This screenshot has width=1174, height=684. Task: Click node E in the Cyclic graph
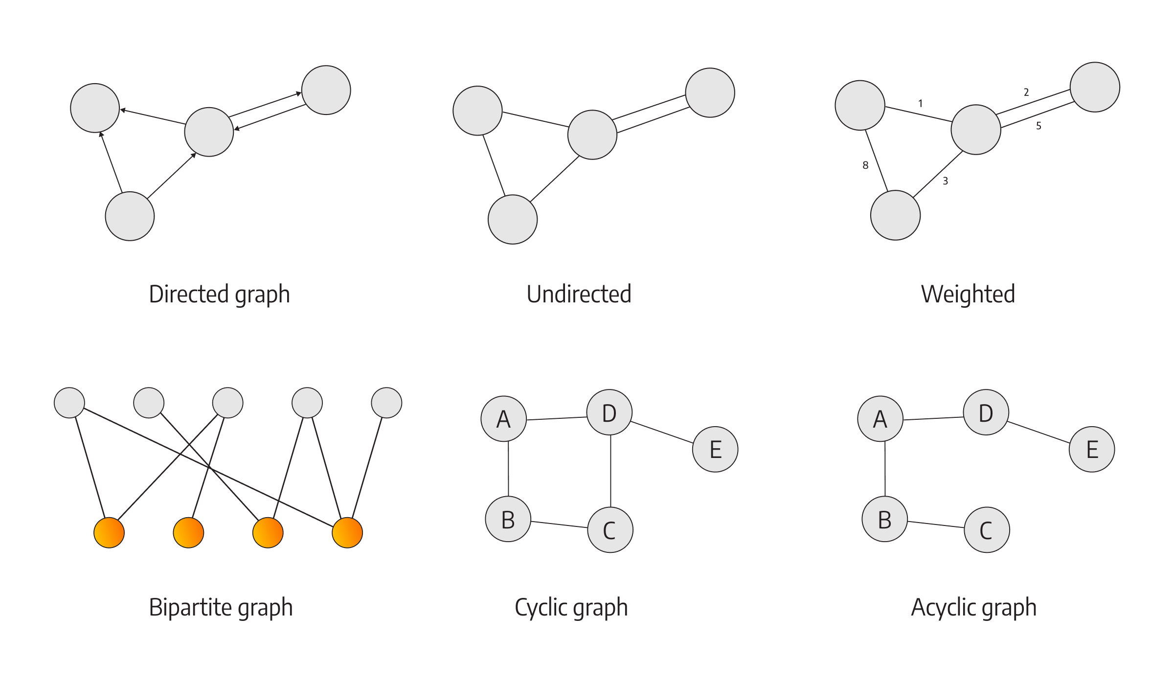pos(715,449)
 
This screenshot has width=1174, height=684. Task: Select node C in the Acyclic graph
pos(987,530)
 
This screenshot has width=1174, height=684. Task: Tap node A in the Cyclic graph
pos(503,419)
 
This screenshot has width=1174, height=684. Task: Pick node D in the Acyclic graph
pos(986,412)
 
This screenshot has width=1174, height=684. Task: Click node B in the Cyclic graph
pos(508,519)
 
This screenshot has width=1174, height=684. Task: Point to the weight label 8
pos(865,165)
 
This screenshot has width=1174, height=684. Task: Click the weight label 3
pos(945,181)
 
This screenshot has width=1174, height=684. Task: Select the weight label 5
pos(1039,126)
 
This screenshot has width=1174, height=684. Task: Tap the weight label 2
pos(1026,92)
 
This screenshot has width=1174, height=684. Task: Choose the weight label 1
pos(920,103)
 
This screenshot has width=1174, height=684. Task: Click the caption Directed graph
pos(219,295)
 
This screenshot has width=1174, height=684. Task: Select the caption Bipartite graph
pos(221,608)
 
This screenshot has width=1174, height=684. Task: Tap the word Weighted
pos(968,295)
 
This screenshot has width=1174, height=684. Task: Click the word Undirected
pos(579,295)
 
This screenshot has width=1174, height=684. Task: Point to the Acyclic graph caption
pos(973,608)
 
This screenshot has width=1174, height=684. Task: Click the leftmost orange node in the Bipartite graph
pos(109,533)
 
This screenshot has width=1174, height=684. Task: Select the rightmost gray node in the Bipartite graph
pos(386,403)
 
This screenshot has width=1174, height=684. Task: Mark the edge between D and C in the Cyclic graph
pos(610,471)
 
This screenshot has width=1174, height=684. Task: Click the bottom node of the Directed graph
pos(130,216)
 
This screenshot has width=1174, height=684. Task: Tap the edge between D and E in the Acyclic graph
pos(1039,432)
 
